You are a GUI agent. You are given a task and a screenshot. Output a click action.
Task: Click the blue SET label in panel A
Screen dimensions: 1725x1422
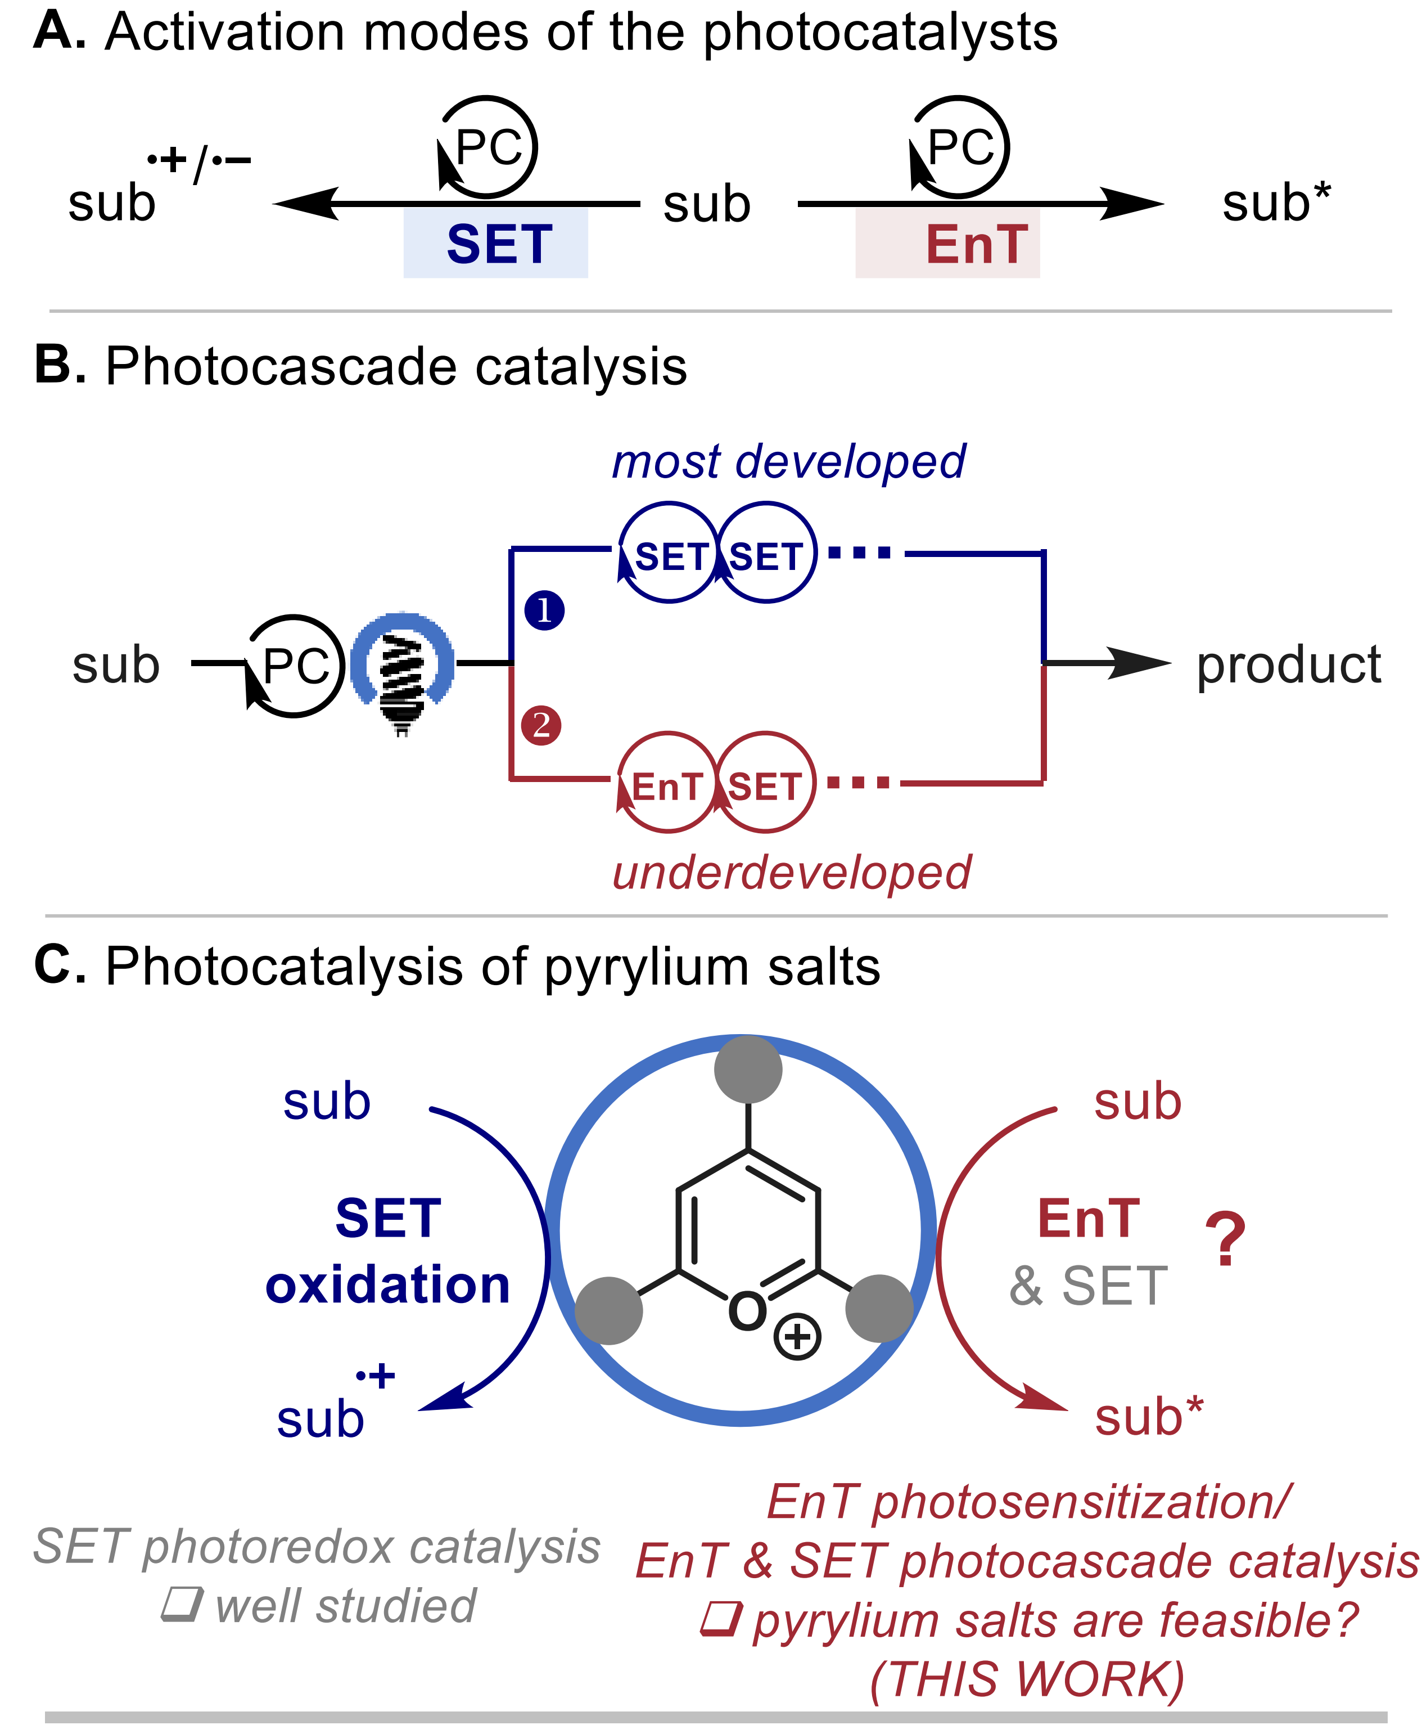(x=499, y=244)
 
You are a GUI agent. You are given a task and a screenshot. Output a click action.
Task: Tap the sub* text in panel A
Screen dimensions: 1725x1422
(x=1275, y=203)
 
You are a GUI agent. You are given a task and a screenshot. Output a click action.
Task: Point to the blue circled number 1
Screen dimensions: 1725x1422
(x=544, y=610)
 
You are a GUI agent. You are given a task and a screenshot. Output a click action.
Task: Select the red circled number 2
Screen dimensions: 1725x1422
(x=540, y=725)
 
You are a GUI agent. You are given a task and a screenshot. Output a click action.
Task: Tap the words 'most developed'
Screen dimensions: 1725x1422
(x=788, y=461)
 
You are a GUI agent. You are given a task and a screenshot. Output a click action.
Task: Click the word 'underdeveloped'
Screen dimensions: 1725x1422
(x=791, y=872)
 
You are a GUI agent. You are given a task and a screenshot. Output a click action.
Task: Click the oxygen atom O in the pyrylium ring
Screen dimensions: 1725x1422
(x=747, y=1311)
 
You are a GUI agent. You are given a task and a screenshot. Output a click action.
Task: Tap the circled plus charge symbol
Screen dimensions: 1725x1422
(x=797, y=1337)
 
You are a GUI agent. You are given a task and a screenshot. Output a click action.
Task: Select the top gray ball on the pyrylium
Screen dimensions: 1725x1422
(x=748, y=1070)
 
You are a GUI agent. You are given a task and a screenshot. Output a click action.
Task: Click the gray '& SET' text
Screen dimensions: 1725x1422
(x=1088, y=1286)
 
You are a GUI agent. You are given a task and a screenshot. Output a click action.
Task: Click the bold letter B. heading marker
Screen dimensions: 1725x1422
(x=60, y=364)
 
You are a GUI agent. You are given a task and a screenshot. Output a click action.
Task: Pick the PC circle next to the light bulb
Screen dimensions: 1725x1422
(x=295, y=666)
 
